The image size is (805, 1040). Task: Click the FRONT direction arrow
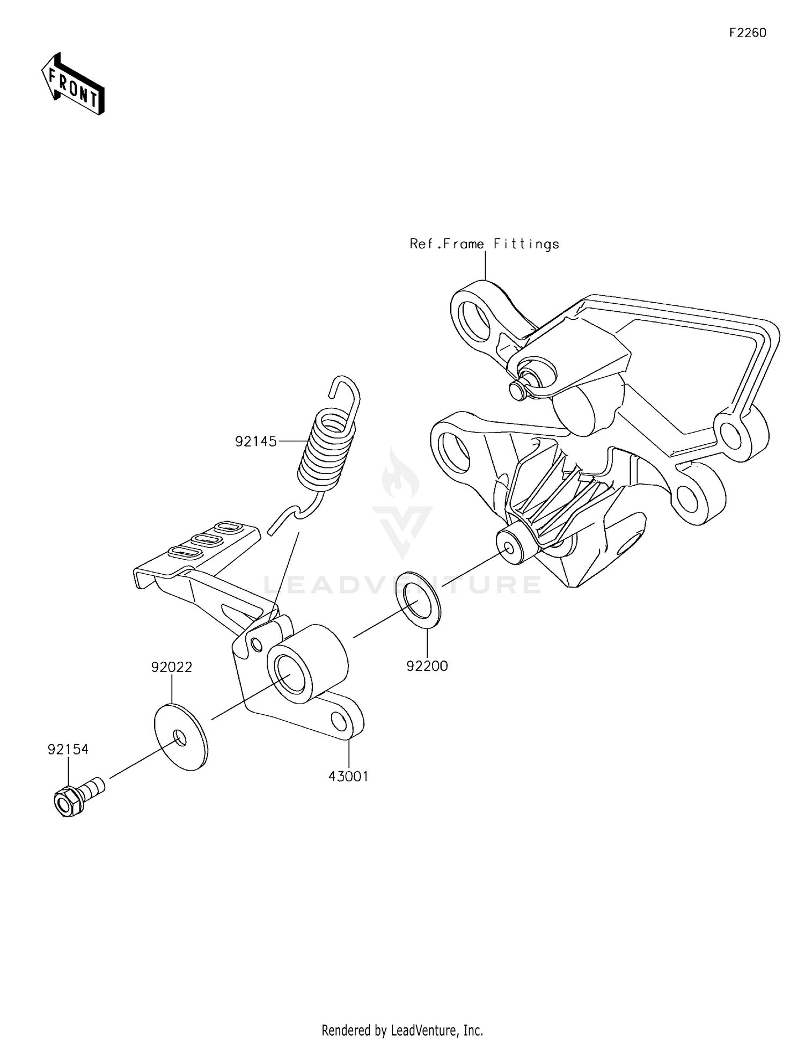coord(73,84)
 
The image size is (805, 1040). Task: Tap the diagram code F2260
coord(747,33)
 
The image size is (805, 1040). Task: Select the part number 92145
coord(255,442)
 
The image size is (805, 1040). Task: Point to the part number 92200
coord(427,666)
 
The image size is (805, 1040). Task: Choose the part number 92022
coord(171,667)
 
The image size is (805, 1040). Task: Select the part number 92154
coord(68,750)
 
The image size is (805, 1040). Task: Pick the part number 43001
coord(348,777)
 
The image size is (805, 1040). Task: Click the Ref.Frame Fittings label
coord(484,244)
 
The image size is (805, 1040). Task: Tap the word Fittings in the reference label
coord(526,244)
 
